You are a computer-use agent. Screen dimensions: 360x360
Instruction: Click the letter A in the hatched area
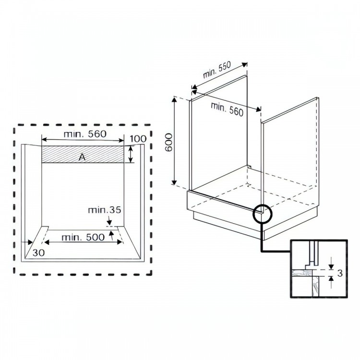click(82, 157)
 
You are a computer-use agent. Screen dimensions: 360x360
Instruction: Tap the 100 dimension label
click(138, 139)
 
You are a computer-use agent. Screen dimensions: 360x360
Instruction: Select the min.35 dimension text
click(105, 210)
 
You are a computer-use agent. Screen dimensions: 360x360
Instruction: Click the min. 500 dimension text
click(83, 237)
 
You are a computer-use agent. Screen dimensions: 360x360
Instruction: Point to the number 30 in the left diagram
click(38, 252)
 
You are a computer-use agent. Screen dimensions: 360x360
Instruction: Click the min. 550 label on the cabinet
click(217, 70)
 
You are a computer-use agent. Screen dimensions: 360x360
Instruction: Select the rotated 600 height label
click(169, 142)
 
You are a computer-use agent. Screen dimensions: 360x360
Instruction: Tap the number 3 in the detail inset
click(340, 273)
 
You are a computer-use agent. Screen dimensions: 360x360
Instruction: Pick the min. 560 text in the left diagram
click(85, 134)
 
